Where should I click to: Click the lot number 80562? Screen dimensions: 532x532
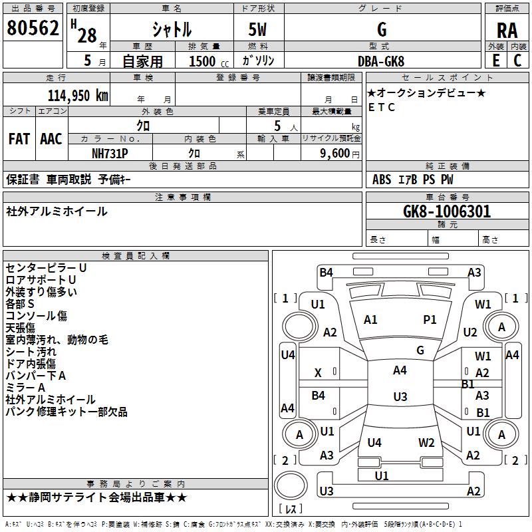pyautogui.click(x=33, y=29)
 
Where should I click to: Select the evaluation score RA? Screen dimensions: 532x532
pyautogui.click(x=507, y=31)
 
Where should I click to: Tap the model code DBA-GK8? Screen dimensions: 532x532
pyautogui.click(x=382, y=61)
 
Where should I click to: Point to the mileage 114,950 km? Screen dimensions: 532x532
pyautogui.click(x=78, y=95)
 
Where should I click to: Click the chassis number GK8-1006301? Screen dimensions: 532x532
pyautogui.click(x=447, y=211)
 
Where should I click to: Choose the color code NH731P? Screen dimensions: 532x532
pyautogui.click(x=110, y=153)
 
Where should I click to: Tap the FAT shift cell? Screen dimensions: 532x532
pyautogui.click(x=19, y=139)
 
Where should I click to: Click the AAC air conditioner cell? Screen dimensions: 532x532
pyautogui.click(x=51, y=139)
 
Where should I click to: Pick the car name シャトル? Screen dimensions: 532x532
pyautogui.click(x=172, y=30)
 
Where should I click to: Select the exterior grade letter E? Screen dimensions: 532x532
pyautogui.click(x=495, y=60)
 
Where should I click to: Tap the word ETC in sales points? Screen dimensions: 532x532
pyautogui.click(x=381, y=107)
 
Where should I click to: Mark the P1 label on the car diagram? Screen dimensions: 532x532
pyautogui.click(x=430, y=320)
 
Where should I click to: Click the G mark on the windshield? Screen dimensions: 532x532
pyautogui.click(x=420, y=350)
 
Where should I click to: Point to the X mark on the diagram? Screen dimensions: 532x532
pyautogui.click(x=318, y=373)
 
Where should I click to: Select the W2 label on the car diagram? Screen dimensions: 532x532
pyautogui.click(x=426, y=443)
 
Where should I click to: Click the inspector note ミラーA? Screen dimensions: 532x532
pyautogui.click(x=25, y=388)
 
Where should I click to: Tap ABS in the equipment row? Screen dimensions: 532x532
pyautogui.click(x=382, y=179)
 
